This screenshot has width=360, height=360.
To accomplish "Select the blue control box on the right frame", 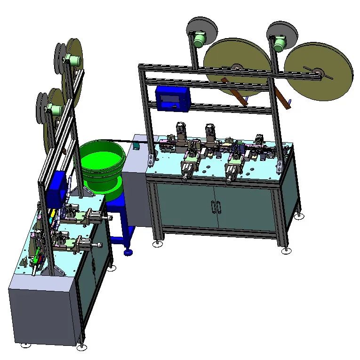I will [172, 99].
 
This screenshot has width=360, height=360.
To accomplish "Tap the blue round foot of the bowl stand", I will [128, 253].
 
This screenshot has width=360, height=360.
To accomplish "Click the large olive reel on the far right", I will [319, 71].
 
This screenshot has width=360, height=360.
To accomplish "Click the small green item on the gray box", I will [136, 145].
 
